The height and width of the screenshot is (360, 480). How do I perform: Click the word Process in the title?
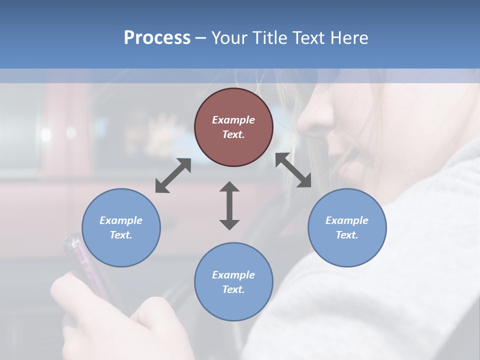pos(157,38)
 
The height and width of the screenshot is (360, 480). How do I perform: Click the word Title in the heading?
pos(269,38)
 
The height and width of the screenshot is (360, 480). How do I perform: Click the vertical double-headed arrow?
pos(229,205)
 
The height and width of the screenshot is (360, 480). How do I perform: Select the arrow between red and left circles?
pos(173,175)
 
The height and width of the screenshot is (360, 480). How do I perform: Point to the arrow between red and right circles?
pos(293,170)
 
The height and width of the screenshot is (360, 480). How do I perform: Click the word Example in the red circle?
pos(233,120)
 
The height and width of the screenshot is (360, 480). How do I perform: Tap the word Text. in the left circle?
pos(121,235)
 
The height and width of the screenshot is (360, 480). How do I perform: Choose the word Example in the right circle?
pos(347,220)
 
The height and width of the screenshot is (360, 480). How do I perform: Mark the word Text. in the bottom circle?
pos(233,289)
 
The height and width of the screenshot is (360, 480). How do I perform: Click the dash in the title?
pos(200,38)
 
